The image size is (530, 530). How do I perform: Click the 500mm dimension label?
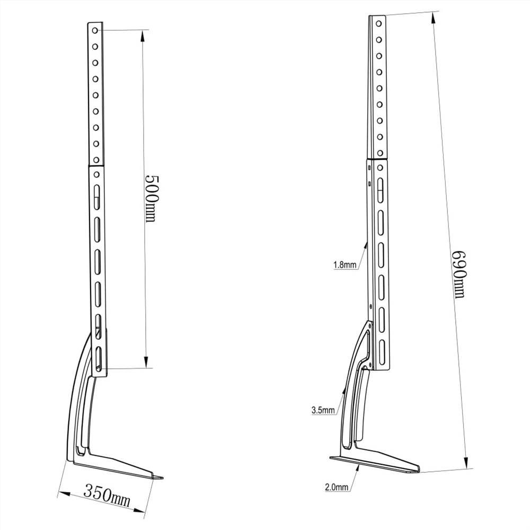point(151,198)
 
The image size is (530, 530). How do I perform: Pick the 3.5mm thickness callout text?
point(323,410)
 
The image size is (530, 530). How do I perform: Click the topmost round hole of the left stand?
point(95,30)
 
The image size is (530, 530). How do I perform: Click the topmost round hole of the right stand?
point(378,24)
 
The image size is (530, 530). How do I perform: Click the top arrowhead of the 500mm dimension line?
point(143,35)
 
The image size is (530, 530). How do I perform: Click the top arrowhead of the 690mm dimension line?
point(434,16)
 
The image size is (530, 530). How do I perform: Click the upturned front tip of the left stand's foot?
point(159,477)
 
